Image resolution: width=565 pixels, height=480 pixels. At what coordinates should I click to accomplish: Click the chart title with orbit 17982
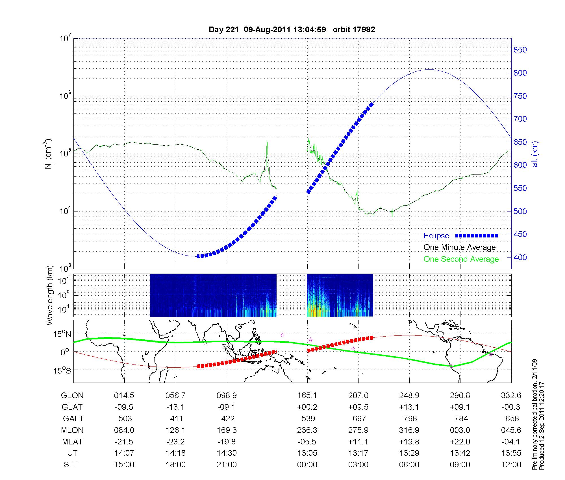(292, 30)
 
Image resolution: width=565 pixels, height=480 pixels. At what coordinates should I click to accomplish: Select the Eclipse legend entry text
(436, 236)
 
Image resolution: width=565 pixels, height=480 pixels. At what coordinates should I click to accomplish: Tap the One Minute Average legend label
(460, 247)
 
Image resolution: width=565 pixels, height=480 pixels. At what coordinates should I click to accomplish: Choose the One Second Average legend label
(461, 259)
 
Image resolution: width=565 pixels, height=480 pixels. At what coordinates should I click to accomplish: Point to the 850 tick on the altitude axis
(520, 50)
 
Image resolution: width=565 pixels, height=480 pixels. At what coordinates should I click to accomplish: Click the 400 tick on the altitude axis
(520, 257)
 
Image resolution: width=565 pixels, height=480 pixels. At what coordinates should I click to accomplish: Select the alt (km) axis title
(535, 154)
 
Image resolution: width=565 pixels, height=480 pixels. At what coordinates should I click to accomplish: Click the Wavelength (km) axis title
(50, 295)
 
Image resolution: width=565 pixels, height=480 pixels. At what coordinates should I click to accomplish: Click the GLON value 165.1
(307, 395)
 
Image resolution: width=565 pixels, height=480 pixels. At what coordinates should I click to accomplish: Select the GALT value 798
(410, 418)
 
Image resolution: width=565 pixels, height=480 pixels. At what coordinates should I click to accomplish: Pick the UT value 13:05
(307, 453)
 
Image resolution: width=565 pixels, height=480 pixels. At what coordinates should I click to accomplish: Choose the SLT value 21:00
(227, 465)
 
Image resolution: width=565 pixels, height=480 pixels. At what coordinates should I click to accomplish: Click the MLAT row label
(72, 442)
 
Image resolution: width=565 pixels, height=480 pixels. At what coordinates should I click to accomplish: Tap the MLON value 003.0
(460, 430)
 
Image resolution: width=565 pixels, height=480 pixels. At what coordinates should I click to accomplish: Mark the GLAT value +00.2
(307, 407)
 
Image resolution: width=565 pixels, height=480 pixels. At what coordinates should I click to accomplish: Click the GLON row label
(72, 395)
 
